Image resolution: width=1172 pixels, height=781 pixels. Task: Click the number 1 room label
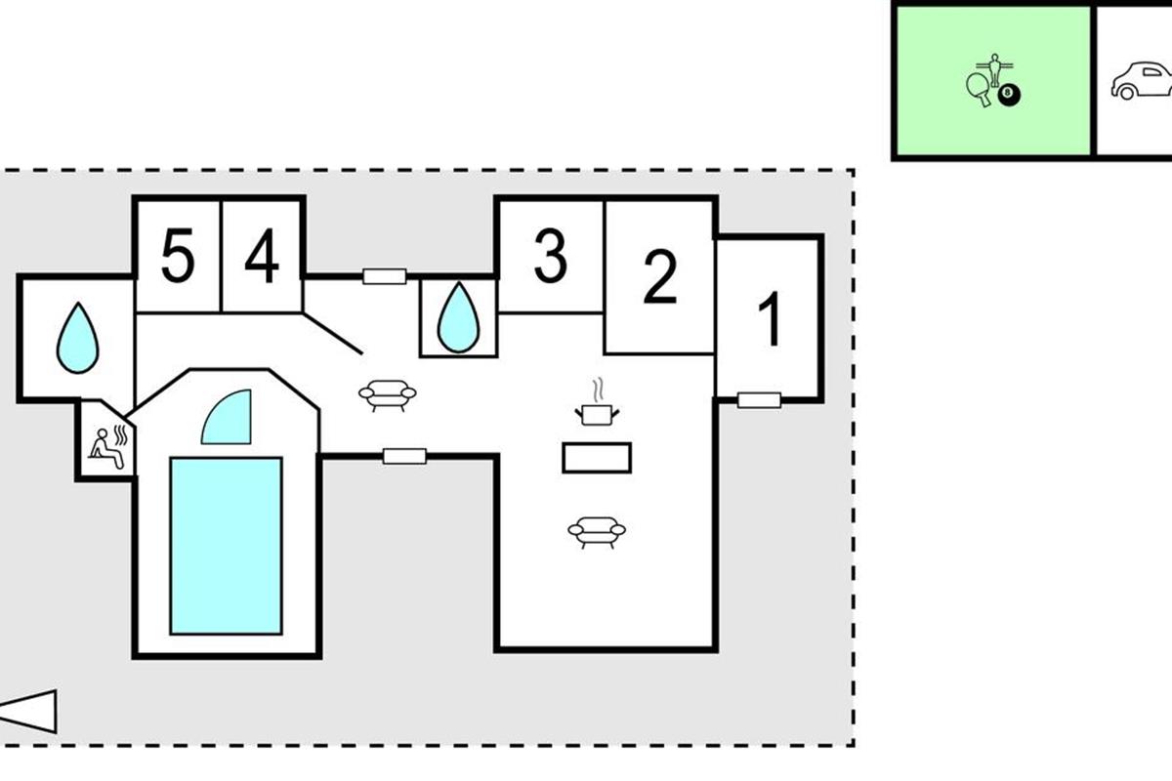click(x=771, y=319)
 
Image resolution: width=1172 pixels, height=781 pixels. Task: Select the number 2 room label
click(x=660, y=276)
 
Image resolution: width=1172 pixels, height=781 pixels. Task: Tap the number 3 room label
click(x=551, y=257)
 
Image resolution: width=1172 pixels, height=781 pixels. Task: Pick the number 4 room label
click(x=262, y=259)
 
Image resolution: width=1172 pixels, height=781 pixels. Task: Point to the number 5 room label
click(x=177, y=259)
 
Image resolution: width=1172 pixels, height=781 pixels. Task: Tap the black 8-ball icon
click(x=1009, y=95)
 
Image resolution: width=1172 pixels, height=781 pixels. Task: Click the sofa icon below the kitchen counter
click(x=596, y=531)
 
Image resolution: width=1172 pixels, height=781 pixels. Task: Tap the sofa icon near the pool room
click(x=388, y=394)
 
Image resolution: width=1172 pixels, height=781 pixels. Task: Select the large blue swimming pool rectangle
click(x=226, y=546)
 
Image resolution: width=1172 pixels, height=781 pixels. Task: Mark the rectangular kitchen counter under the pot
click(x=597, y=457)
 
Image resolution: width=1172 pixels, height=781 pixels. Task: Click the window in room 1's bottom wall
click(x=759, y=399)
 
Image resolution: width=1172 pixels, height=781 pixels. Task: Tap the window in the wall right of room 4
click(x=384, y=276)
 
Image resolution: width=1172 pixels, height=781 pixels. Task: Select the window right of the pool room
click(x=404, y=455)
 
